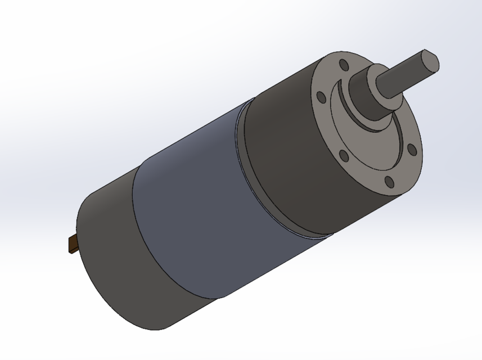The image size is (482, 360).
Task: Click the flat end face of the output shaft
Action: click(431, 61)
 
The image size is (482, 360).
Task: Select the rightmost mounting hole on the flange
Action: click(411, 149)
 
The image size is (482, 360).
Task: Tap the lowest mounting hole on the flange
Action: click(388, 181)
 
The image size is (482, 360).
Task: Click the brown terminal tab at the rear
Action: click(74, 245)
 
